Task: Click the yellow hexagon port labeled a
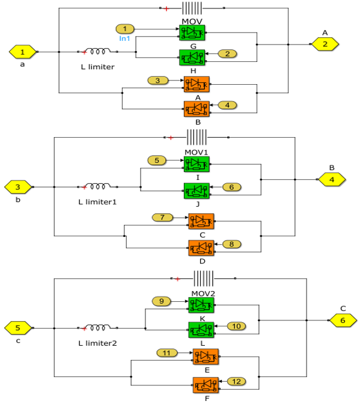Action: pyautogui.click(x=23, y=52)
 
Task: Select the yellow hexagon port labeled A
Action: pyautogui.click(x=325, y=44)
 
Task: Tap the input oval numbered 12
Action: pyautogui.click(x=236, y=381)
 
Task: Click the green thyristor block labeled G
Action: pyautogui.click(x=192, y=32)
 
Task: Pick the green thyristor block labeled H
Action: pyautogui.click(x=192, y=57)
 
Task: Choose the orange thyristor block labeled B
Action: pyautogui.click(x=197, y=109)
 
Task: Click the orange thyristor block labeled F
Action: pyautogui.click(x=206, y=385)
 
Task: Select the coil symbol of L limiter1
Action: pyautogui.click(x=97, y=186)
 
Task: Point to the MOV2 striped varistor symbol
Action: pyautogui.click(x=203, y=278)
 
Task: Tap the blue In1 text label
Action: pyautogui.click(x=124, y=38)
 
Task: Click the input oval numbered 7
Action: pyautogui.click(x=162, y=218)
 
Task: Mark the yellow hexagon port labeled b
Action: pyautogui.click(x=18, y=187)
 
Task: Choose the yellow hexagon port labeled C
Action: pyautogui.click(x=343, y=320)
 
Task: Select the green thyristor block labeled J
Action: pyautogui.click(x=197, y=191)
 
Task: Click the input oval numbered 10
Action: pyautogui.click(x=236, y=326)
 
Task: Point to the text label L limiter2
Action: pyautogui.click(x=97, y=343)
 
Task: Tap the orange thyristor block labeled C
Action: pyautogui.click(x=201, y=221)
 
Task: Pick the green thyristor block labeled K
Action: pyautogui.click(x=201, y=305)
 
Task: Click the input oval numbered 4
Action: pyautogui.click(x=227, y=105)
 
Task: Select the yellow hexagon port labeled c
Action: pyautogui.click(x=18, y=328)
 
